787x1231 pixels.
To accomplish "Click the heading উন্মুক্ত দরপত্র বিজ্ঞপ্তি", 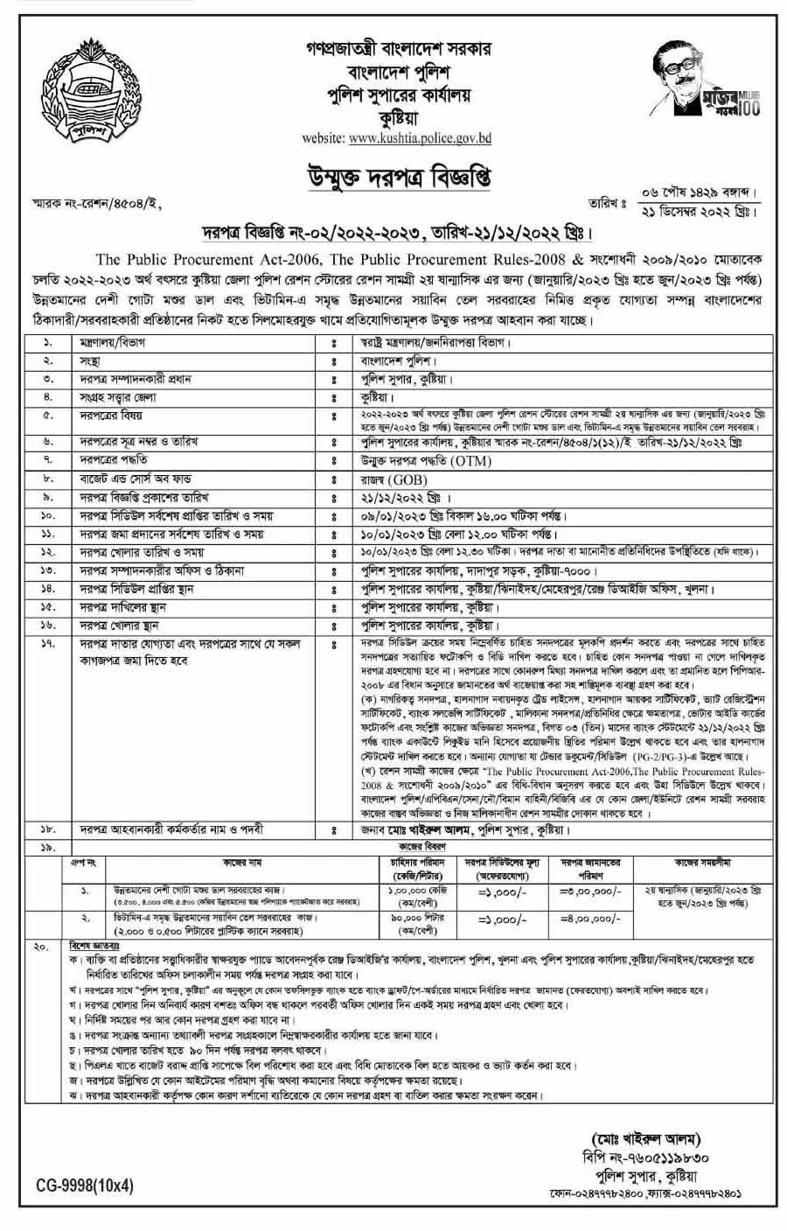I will point(394,179).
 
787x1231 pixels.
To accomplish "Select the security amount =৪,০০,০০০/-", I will point(590,920).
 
